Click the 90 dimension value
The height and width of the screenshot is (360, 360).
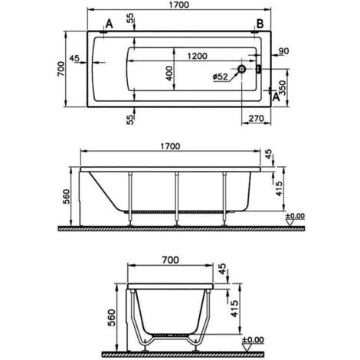click(284, 51)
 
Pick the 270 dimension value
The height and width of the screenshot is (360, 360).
click(256, 119)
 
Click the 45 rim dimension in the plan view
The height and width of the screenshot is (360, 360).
click(74, 57)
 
